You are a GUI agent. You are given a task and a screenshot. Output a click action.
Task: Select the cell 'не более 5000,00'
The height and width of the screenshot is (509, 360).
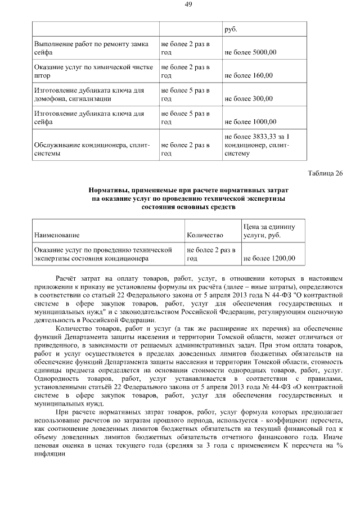(x=250, y=52)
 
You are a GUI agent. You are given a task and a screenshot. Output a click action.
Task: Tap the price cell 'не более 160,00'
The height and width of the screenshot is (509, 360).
(x=249, y=75)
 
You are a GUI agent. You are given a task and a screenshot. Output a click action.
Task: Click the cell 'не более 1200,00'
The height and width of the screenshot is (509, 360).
(x=268, y=259)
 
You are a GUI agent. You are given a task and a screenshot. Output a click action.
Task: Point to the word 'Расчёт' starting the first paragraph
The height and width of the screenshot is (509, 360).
(x=69, y=278)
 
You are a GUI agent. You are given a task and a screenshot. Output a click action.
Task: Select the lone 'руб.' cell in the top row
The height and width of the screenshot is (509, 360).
(x=231, y=30)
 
